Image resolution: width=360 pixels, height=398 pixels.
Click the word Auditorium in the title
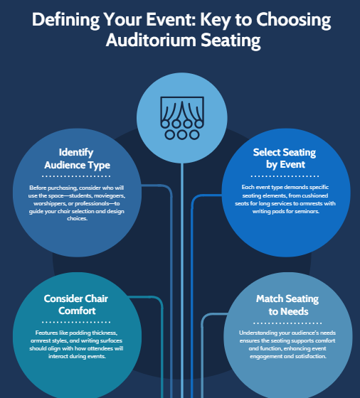pyautogui.click(x=151, y=40)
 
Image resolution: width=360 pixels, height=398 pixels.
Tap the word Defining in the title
pyautogui.click(x=65, y=21)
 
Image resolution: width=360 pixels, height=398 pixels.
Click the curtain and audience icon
pyautogui.click(x=182, y=118)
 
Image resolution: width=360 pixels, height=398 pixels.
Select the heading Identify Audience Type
pyautogui.click(x=77, y=158)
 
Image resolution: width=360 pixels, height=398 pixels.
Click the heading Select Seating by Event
pyautogui.click(x=285, y=158)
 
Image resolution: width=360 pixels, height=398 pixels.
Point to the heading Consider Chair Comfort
pyautogui.click(x=76, y=305)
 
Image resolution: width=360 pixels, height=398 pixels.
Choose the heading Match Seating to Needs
pyautogui.click(x=287, y=305)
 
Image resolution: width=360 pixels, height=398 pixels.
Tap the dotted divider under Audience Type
pyautogui.click(x=76, y=176)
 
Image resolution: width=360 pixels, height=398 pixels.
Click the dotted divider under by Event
pyautogui.click(x=285, y=176)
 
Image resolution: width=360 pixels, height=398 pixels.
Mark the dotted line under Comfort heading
pyautogui.click(x=76, y=322)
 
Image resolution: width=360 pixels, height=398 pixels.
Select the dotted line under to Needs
pyautogui.click(x=287, y=323)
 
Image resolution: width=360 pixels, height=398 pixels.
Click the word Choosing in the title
pyautogui.click(x=293, y=21)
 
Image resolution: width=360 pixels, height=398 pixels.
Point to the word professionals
pyautogui.click(x=94, y=203)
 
